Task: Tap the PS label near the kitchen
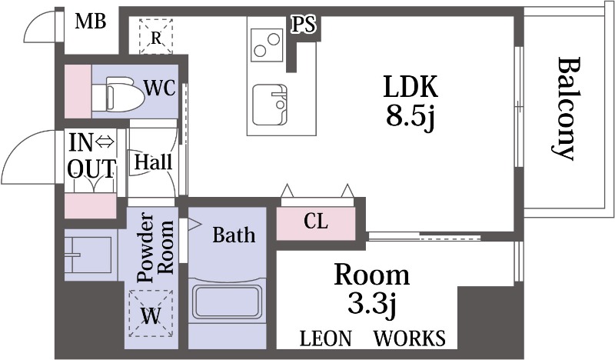[303, 25]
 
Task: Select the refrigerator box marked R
[156, 36]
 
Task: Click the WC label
[161, 88]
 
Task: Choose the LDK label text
[411, 87]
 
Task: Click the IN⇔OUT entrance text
[91, 155]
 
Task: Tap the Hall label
[153, 162]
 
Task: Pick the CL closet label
[315, 222]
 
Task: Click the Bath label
[234, 235]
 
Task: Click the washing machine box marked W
[151, 315]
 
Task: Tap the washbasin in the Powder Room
[86, 254]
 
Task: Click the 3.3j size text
[371, 305]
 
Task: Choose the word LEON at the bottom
[326, 338]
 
